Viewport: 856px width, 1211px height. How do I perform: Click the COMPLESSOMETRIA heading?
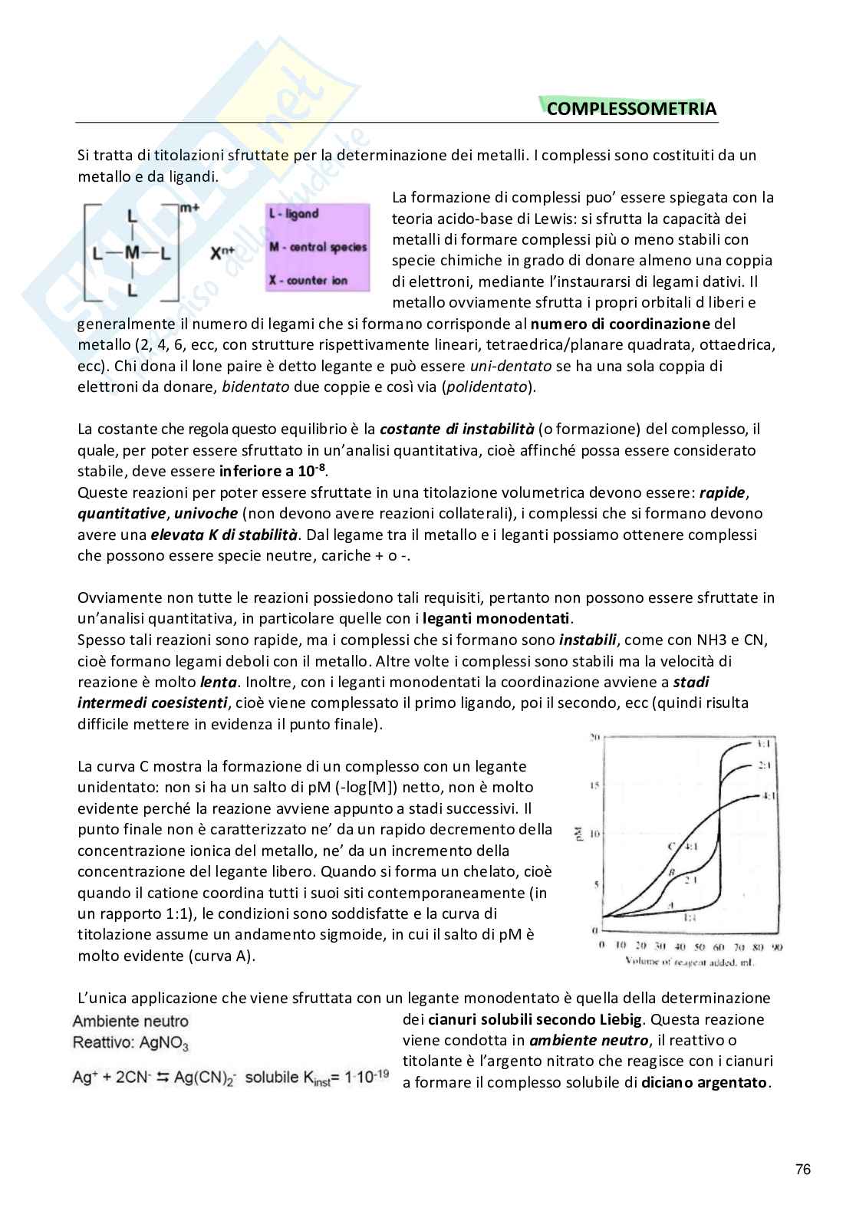click(x=631, y=109)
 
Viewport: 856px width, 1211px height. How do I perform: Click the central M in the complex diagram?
click(x=131, y=252)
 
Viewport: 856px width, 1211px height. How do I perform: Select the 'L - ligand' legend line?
click(x=294, y=214)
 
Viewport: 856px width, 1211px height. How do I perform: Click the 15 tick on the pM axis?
click(x=592, y=785)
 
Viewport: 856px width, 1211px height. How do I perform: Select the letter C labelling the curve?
click(x=671, y=845)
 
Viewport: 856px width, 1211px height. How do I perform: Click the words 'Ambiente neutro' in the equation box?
click(x=130, y=1021)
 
